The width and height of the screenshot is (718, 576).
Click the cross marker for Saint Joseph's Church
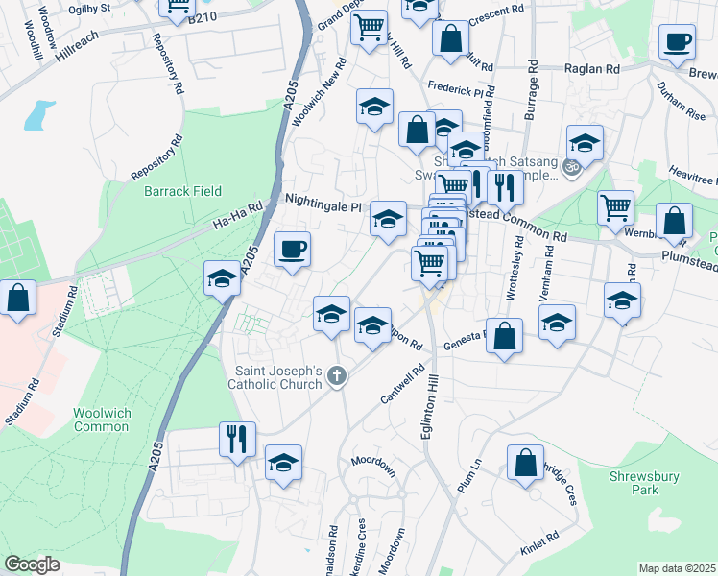[336, 376]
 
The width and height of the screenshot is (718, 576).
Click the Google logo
[32, 564]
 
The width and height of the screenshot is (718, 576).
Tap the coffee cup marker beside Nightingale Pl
[293, 250]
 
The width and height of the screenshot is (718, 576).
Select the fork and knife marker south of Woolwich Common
[236, 440]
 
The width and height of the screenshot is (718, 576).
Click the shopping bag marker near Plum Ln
[525, 464]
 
